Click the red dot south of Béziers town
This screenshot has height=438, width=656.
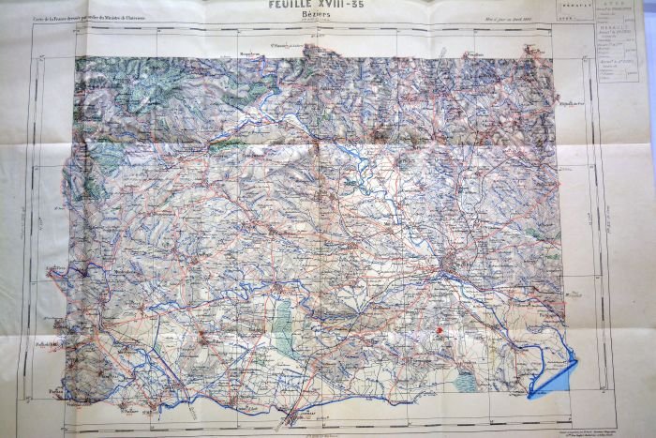439,330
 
